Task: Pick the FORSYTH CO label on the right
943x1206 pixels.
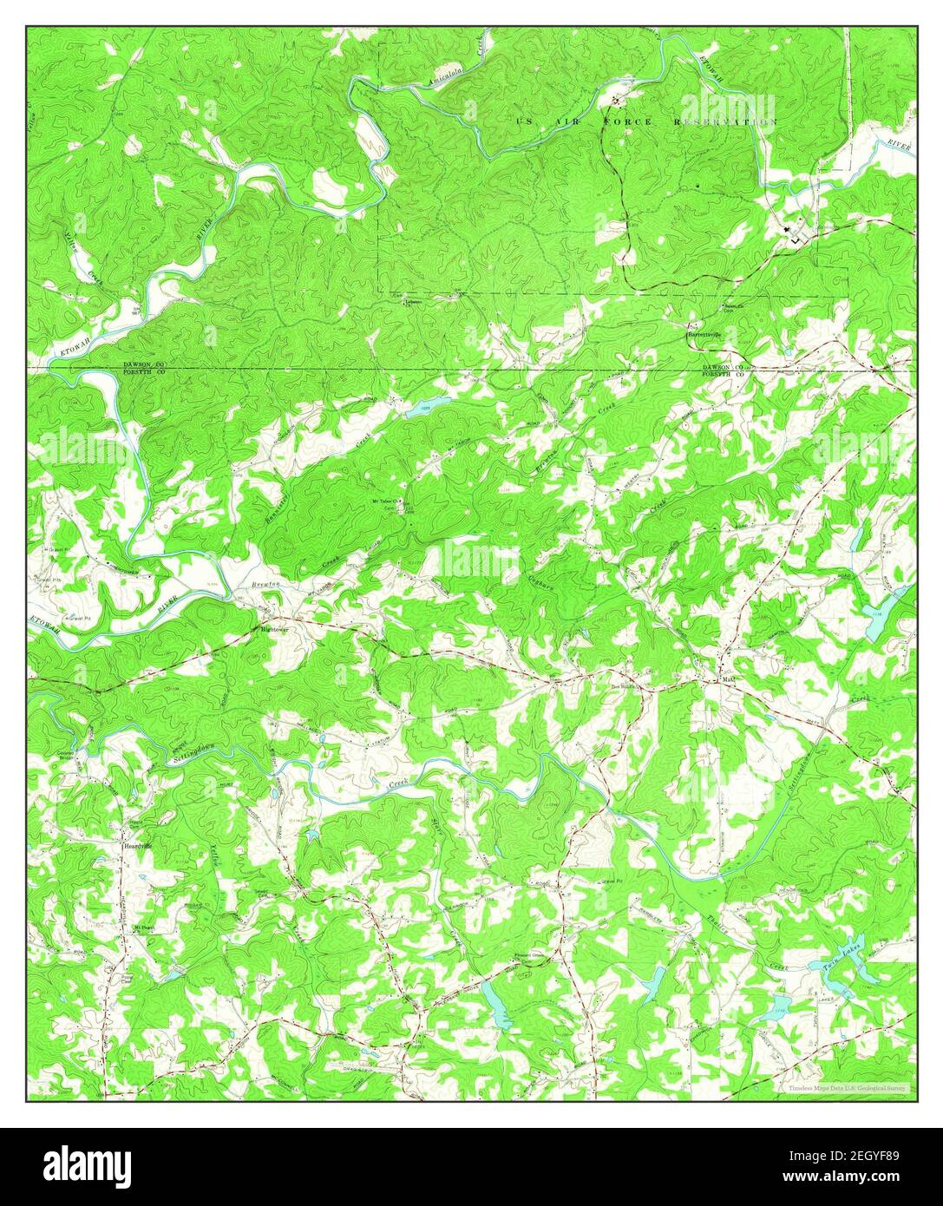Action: (724, 375)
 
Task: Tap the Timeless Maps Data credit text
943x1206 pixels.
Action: (846, 1087)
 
